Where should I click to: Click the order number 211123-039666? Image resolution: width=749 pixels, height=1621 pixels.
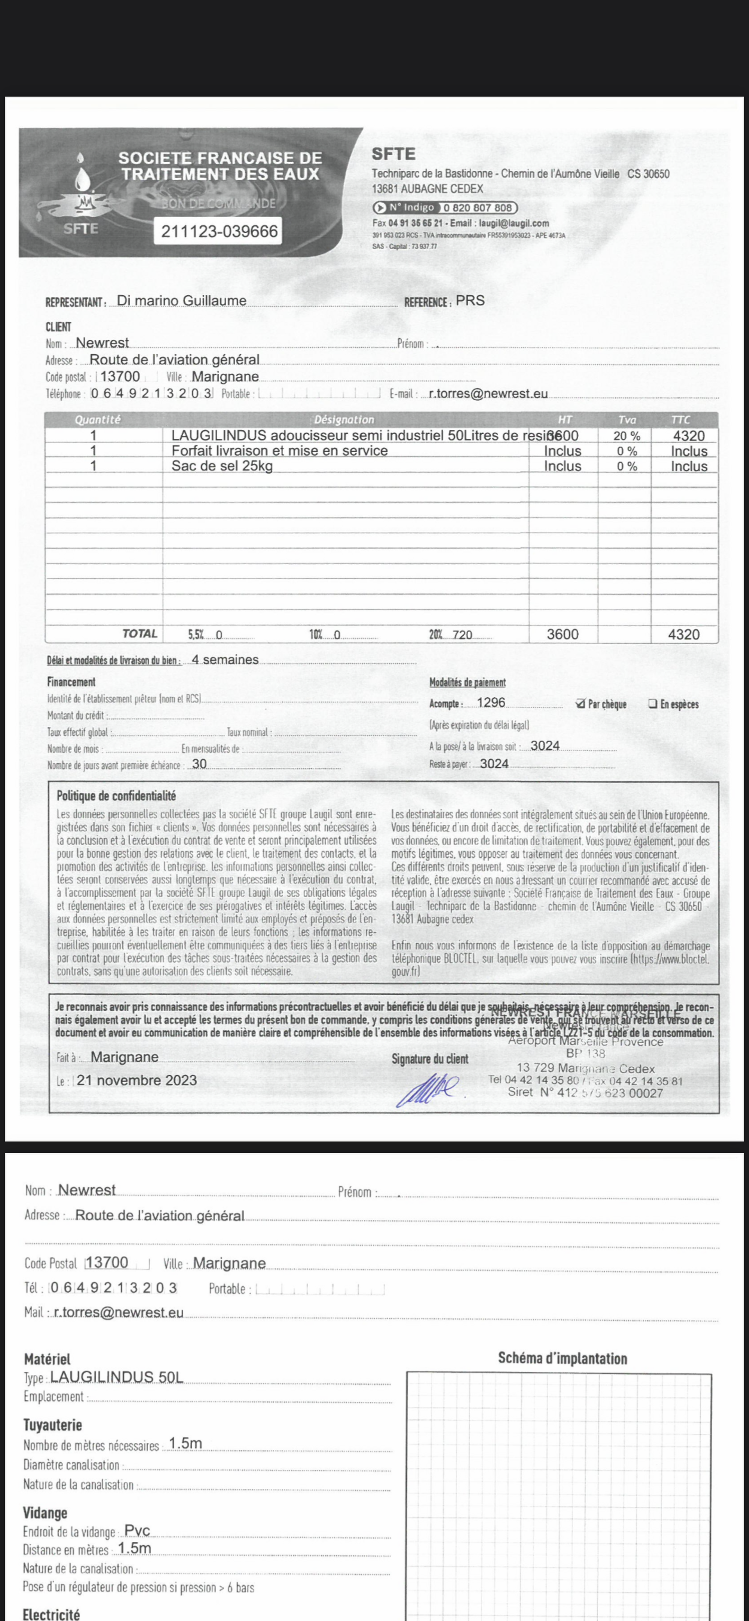[x=219, y=231]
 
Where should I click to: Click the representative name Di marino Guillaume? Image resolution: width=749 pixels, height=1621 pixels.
[x=182, y=301]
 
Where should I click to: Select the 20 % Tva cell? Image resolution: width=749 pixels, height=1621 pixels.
[x=627, y=436]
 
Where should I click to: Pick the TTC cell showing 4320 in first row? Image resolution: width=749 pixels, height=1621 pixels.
[x=689, y=436]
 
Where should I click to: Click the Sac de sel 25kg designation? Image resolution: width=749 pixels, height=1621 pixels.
[x=222, y=466]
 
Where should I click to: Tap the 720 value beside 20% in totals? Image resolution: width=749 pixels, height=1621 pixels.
[x=463, y=635]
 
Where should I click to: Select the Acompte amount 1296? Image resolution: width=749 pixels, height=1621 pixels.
[x=491, y=703]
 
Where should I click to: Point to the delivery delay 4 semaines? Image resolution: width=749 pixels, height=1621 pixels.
[x=225, y=660]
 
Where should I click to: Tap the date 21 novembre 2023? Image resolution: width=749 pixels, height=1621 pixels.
[x=137, y=1081]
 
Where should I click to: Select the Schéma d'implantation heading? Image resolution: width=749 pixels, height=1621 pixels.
[x=562, y=1358]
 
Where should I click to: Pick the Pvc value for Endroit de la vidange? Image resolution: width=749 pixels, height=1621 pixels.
[x=137, y=1530]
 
